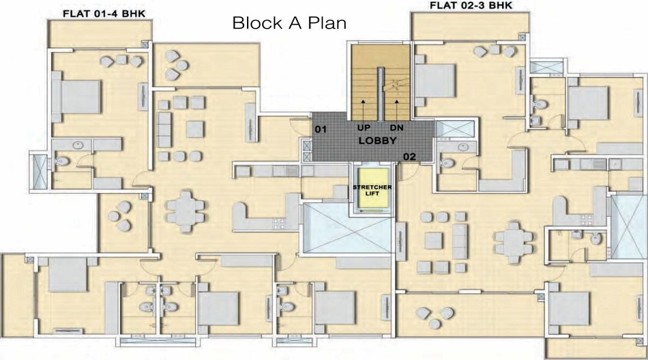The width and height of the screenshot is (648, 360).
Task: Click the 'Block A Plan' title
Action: tap(289, 23)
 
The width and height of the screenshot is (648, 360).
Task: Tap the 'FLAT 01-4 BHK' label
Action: tap(104, 14)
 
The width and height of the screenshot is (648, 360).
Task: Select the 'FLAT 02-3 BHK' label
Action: tap(471, 5)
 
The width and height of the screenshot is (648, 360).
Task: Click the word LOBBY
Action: tap(377, 140)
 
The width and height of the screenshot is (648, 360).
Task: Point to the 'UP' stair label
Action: tap(364, 127)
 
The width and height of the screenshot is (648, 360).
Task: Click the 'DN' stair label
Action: tap(396, 127)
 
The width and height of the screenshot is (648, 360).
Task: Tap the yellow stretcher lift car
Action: tap(374, 189)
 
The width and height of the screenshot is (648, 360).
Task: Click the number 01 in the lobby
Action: tap(320, 130)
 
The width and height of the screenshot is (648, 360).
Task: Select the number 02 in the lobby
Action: tap(410, 156)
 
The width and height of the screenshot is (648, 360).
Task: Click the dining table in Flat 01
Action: tap(186, 211)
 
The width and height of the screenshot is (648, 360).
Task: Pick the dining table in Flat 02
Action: tap(513, 242)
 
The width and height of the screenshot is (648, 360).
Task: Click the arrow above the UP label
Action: tap(363, 110)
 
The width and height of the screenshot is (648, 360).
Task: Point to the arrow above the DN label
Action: tap(397, 110)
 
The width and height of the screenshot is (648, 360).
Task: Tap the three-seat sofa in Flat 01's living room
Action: tap(164, 130)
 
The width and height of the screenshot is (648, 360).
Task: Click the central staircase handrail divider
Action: tap(381, 95)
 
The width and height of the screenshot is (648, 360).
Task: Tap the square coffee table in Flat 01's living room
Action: tap(194, 130)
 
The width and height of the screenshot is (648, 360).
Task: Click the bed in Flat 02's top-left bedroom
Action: tap(434, 81)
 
